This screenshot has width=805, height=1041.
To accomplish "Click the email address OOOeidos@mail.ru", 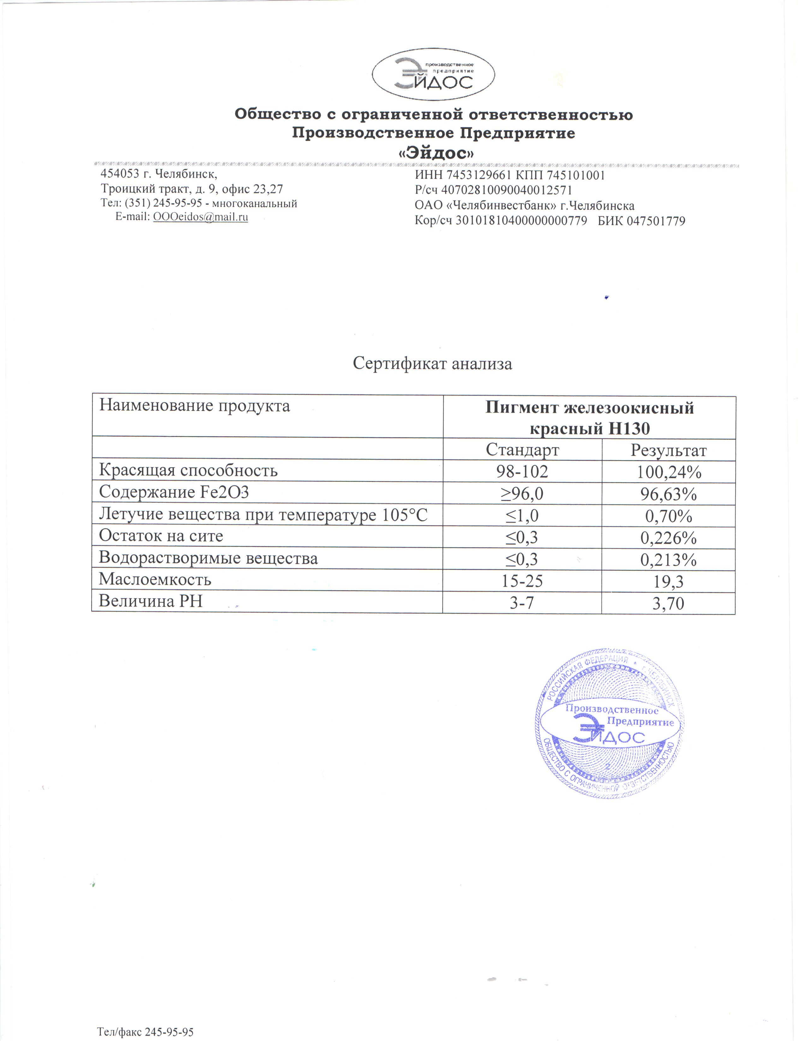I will pos(200,217).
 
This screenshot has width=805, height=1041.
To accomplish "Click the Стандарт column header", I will pos(522,450).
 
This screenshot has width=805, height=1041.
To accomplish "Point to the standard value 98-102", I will pos(522,471).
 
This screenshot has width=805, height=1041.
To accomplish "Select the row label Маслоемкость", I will pos(155,579).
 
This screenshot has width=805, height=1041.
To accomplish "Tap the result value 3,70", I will pos(668,604).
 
